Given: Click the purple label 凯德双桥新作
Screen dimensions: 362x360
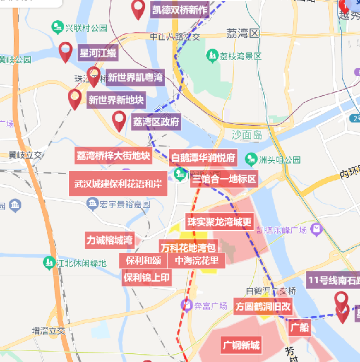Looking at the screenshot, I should pyautogui.click(x=180, y=10).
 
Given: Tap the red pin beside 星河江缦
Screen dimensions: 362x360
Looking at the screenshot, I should pyautogui.click(x=66, y=51).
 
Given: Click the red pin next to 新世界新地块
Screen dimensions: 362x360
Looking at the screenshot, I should pyautogui.click(x=74, y=99).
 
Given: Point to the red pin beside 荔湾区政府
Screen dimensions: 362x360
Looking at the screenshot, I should pyautogui.click(x=119, y=120).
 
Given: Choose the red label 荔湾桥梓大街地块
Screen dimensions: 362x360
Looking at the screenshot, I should pyautogui.click(x=113, y=155).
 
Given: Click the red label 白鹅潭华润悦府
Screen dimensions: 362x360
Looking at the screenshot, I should pyautogui.click(x=203, y=158).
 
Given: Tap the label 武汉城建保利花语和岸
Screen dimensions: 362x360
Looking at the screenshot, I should pyautogui.click(x=118, y=184).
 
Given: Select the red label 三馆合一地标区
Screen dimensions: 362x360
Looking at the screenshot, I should pyautogui.click(x=224, y=180).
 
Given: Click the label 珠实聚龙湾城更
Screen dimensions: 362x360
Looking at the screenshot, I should pyautogui.click(x=219, y=222).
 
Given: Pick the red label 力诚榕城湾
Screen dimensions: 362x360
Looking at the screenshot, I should pyautogui.click(x=109, y=240).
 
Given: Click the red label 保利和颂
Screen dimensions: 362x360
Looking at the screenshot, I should pyautogui.click(x=143, y=260).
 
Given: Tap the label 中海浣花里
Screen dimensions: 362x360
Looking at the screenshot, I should pyautogui.click(x=196, y=260).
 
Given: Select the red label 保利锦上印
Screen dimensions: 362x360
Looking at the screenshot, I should pyautogui.click(x=147, y=277).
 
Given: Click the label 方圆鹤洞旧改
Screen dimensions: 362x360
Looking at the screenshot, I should pyautogui.click(x=263, y=306).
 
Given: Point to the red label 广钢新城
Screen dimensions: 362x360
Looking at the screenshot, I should pyautogui.click(x=241, y=345).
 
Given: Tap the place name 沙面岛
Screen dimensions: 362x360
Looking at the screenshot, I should pyautogui.click(x=247, y=135).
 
